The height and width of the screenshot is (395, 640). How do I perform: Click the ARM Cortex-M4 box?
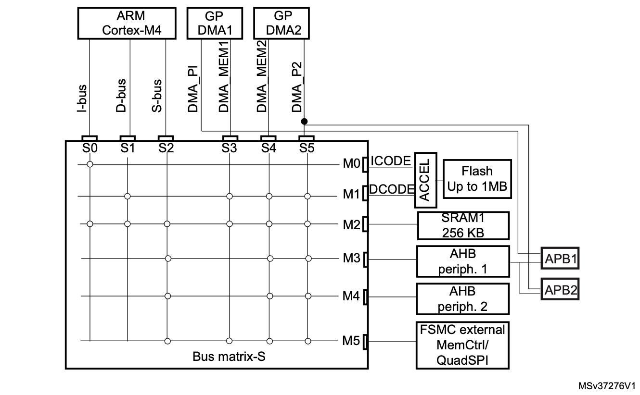point(131,24)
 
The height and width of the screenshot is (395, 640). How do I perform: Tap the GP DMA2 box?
point(282,24)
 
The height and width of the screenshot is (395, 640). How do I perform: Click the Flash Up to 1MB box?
point(476,179)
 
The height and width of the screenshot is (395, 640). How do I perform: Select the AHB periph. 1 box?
point(462,261)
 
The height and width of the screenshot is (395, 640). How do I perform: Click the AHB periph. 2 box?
point(462,298)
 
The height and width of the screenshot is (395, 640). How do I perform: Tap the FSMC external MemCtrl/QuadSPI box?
point(462,345)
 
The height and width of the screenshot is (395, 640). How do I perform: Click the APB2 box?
point(560,290)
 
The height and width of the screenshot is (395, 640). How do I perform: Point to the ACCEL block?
point(424,179)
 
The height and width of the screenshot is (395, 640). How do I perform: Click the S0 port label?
point(90,148)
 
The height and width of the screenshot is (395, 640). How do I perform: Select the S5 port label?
point(306,148)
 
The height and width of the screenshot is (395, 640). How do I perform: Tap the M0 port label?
point(351,164)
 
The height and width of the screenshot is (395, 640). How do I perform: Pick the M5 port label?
point(351,341)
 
